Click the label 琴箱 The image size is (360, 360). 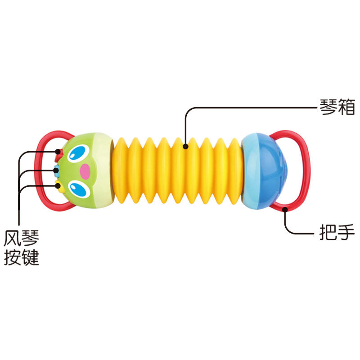(x=337, y=107)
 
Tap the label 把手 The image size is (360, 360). (x=337, y=232)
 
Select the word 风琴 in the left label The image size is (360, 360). (x=22, y=238)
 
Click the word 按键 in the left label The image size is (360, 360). (x=22, y=257)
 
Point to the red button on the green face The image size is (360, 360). (x=58, y=155)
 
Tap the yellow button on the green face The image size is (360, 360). (x=59, y=186)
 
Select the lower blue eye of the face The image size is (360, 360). (x=80, y=189)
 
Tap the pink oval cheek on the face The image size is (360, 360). (x=85, y=171)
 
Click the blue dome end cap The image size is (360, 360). (x=264, y=171)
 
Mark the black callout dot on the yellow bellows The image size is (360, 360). (x=186, y=146)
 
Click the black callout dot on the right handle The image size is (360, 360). (x=285, y=209)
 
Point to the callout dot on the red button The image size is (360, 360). (x=58, y=152)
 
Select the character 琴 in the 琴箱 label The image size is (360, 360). (x=328, y=107)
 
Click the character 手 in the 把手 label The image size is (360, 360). (x=346, y=232)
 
